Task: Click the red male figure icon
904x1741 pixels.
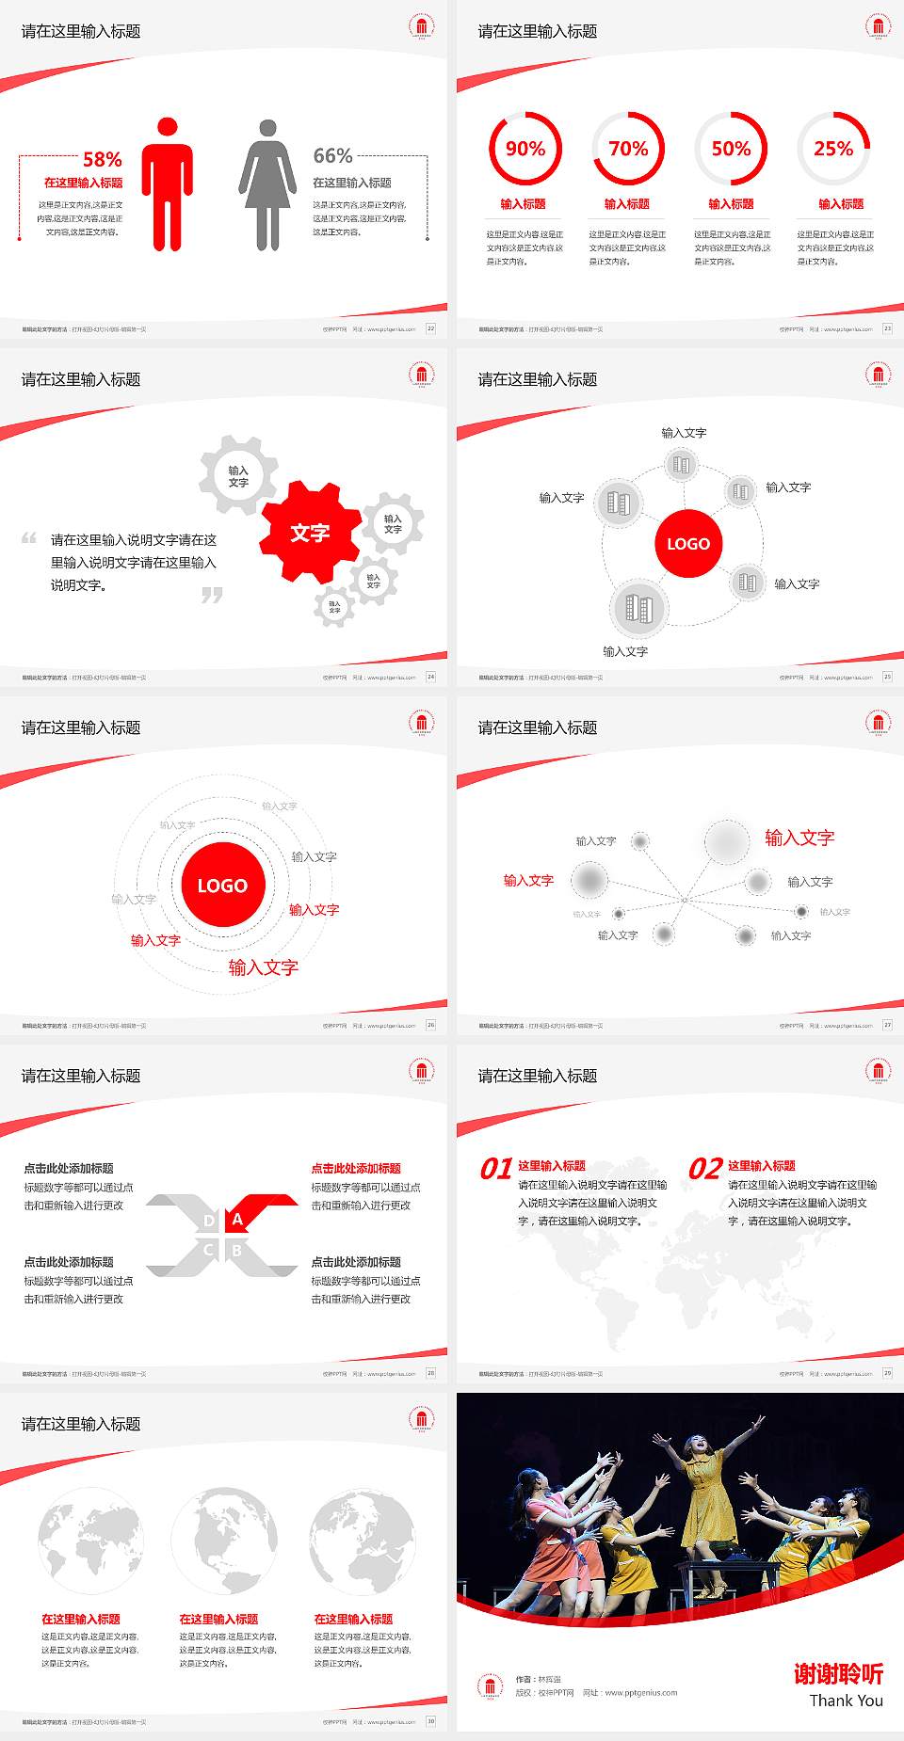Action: click(168, 184)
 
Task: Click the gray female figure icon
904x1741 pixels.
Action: click(267, 184)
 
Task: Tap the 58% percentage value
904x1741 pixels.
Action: click(102, 159)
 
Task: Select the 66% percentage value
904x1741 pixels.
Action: click(332, 155)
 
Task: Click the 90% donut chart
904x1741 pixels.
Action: click(525, 149)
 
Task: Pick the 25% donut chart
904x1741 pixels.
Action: click(833, 149)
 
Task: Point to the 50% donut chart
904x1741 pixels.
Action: click(731, 149)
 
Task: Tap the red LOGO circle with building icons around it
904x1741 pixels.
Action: click(688, 543)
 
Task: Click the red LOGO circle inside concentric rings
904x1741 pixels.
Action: click(222, 885)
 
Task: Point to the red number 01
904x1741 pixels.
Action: click(495, 1169)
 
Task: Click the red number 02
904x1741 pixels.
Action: click(705, 1169)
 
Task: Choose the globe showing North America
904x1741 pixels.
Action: click(224, 1541)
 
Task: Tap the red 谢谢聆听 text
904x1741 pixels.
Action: click(838, 1673)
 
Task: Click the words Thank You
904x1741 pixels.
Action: click(846, 1701)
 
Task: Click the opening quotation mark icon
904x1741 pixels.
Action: click(29, 538)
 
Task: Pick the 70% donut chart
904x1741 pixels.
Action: click(628, 149)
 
